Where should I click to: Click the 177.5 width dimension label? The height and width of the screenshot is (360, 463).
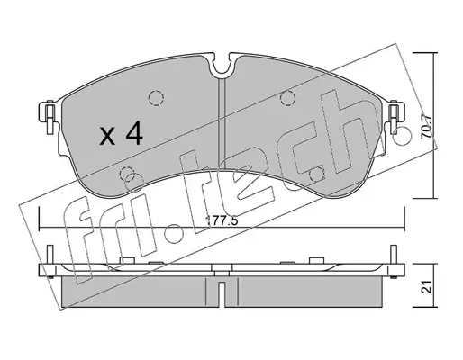pos(222,221)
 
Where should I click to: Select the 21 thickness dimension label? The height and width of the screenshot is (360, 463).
pos(427,287)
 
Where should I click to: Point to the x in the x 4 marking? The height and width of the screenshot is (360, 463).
pos(107,136)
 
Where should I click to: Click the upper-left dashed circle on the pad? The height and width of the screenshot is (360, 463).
pos(156,98)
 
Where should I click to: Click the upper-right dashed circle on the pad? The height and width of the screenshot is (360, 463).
pos(287,98)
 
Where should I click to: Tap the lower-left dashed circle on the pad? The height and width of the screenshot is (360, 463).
pos(127,174)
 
